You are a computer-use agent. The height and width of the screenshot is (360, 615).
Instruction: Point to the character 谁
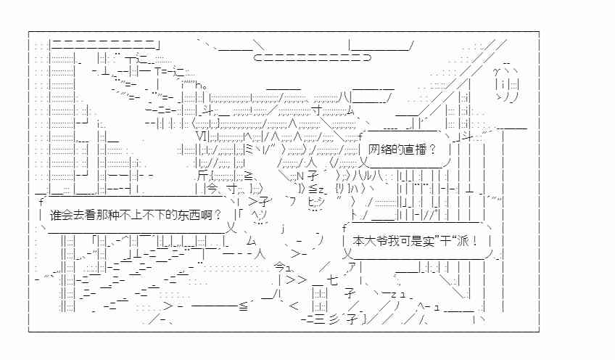point(56,215)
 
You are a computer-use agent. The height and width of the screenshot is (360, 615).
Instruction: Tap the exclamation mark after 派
point(475,241)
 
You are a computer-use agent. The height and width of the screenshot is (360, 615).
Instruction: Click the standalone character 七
point(332,280)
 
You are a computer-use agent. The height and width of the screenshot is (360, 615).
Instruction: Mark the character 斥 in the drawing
point(203,176)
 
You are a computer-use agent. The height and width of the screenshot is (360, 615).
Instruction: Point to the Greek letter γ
point(497,72)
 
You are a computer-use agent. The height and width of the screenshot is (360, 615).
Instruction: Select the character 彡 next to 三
point(335,319)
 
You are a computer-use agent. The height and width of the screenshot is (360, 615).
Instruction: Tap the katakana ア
point(352,266)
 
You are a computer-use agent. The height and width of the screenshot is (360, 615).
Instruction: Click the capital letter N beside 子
point(300,176)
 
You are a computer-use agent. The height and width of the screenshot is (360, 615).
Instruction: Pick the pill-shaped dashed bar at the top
point(312,58)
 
